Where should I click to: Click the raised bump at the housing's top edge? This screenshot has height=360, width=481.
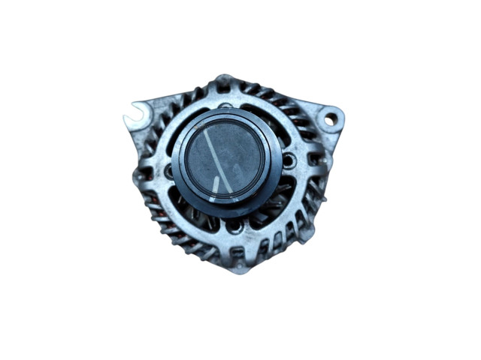pyautogui.click(x=223, y=79)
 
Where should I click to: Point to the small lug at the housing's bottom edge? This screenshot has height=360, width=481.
pyautogui.click(x=237, y=266)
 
